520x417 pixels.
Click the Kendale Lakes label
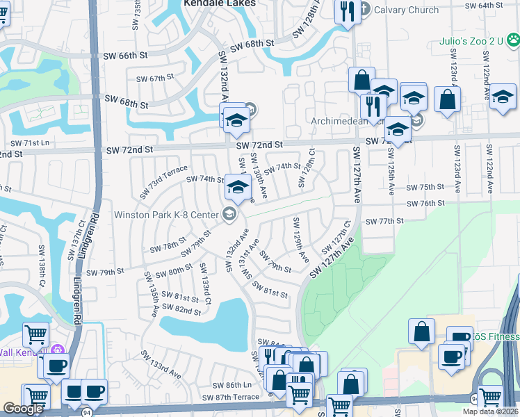point(210,3)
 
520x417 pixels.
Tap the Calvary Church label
point(406,10)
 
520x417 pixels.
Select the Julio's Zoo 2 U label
point(470,41)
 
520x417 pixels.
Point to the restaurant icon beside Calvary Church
point(346,11)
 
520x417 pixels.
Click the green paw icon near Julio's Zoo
point(513,40)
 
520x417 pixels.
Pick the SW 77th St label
point(384,220)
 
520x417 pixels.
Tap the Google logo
point(23,409)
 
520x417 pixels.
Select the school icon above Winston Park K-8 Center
point(238,186)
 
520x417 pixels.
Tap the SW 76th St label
point(425,203)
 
